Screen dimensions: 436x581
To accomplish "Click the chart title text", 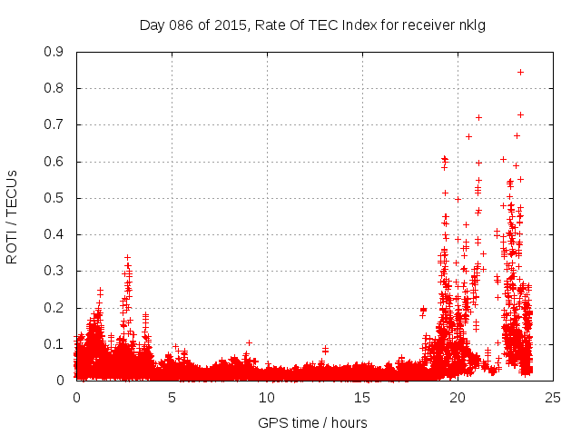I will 312,25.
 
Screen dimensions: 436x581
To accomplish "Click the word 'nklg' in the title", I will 472,25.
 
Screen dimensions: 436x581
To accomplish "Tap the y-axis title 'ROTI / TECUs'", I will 12,216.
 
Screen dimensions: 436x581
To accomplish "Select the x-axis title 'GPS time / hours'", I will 312,422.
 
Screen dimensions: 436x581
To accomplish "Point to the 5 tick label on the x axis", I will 172,397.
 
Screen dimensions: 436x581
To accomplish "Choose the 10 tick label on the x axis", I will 267,397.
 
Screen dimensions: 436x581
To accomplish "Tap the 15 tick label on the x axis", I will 362,397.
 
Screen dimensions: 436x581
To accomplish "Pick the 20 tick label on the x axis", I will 458,397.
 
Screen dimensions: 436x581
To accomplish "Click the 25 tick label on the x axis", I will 553,397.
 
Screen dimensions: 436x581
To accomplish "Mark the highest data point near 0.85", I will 520,72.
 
